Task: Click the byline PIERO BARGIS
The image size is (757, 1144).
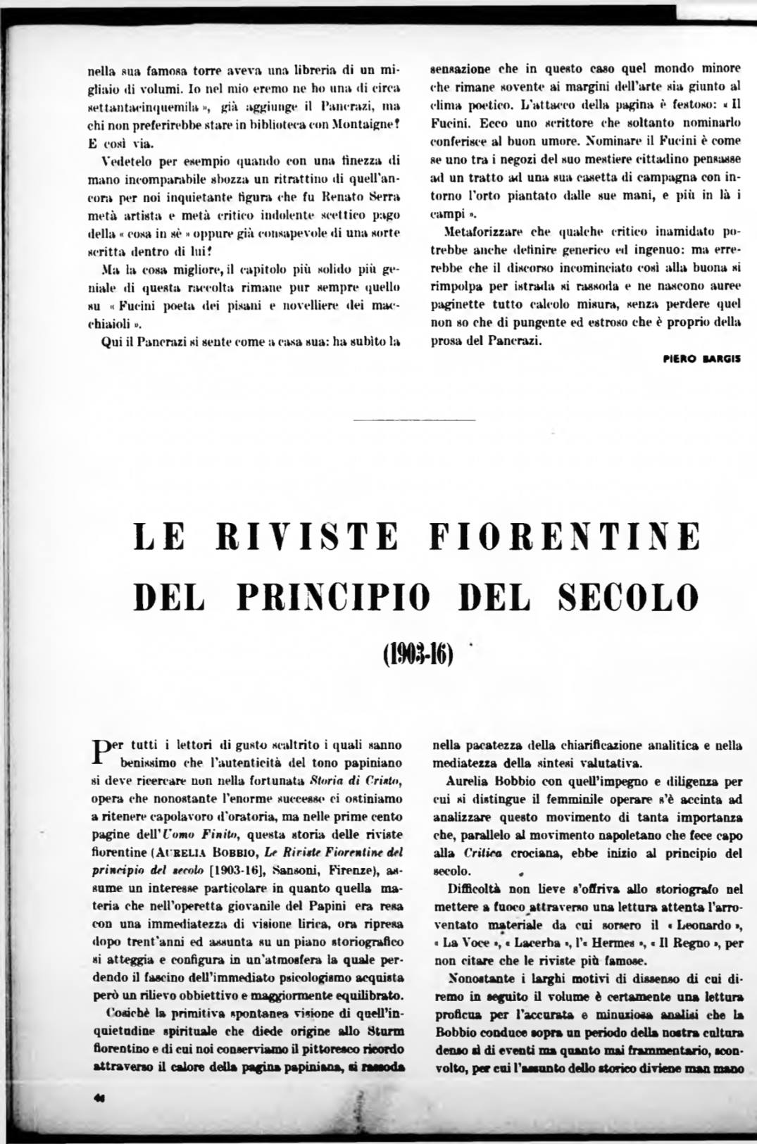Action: pos(701,358)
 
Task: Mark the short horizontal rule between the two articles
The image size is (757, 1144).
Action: pos(415,421)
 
